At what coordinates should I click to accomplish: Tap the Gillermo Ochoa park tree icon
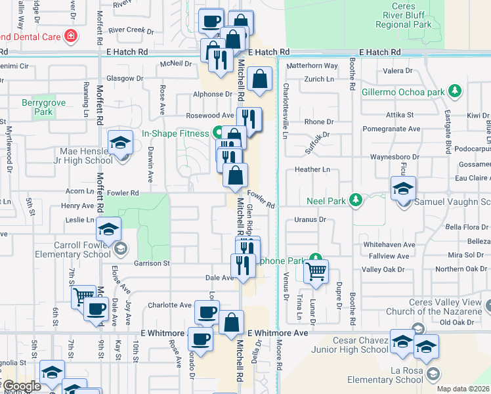tap(454, 92)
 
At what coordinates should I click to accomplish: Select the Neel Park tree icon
tap(356, 199)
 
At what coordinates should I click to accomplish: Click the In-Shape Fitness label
tap(174, 133)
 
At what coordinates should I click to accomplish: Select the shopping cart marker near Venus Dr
tap(317, 270)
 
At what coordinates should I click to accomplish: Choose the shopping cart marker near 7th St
tap(83, 297)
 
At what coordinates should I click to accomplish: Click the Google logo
tap(22, 387)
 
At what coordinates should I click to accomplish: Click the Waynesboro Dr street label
tap(394, 157)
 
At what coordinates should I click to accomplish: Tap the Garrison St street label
tap(152, 263)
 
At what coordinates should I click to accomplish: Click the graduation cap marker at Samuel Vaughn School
tap(403, 188)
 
